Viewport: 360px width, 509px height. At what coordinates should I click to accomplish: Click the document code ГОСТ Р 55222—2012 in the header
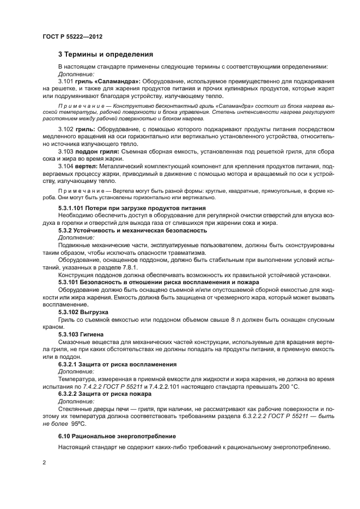[73, 36]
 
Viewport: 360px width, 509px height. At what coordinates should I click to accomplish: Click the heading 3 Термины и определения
[106, 54]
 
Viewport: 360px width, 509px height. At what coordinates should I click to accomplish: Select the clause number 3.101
[66, 81]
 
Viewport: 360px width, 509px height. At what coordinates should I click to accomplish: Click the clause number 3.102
[66, 129]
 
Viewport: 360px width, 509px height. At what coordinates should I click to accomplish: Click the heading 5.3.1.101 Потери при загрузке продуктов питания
[132, 208]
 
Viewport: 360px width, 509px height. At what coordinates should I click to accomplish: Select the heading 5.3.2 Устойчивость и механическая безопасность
[132, 230]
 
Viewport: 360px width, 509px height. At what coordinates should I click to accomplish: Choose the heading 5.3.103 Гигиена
[81, 333]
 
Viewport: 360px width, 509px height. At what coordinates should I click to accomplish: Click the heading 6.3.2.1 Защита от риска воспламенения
[117, 363]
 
